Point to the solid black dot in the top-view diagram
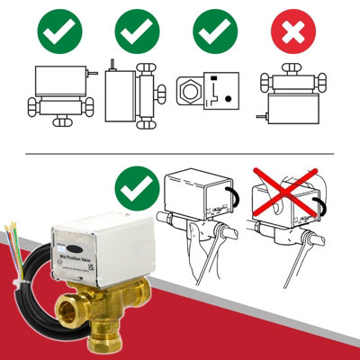228,99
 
